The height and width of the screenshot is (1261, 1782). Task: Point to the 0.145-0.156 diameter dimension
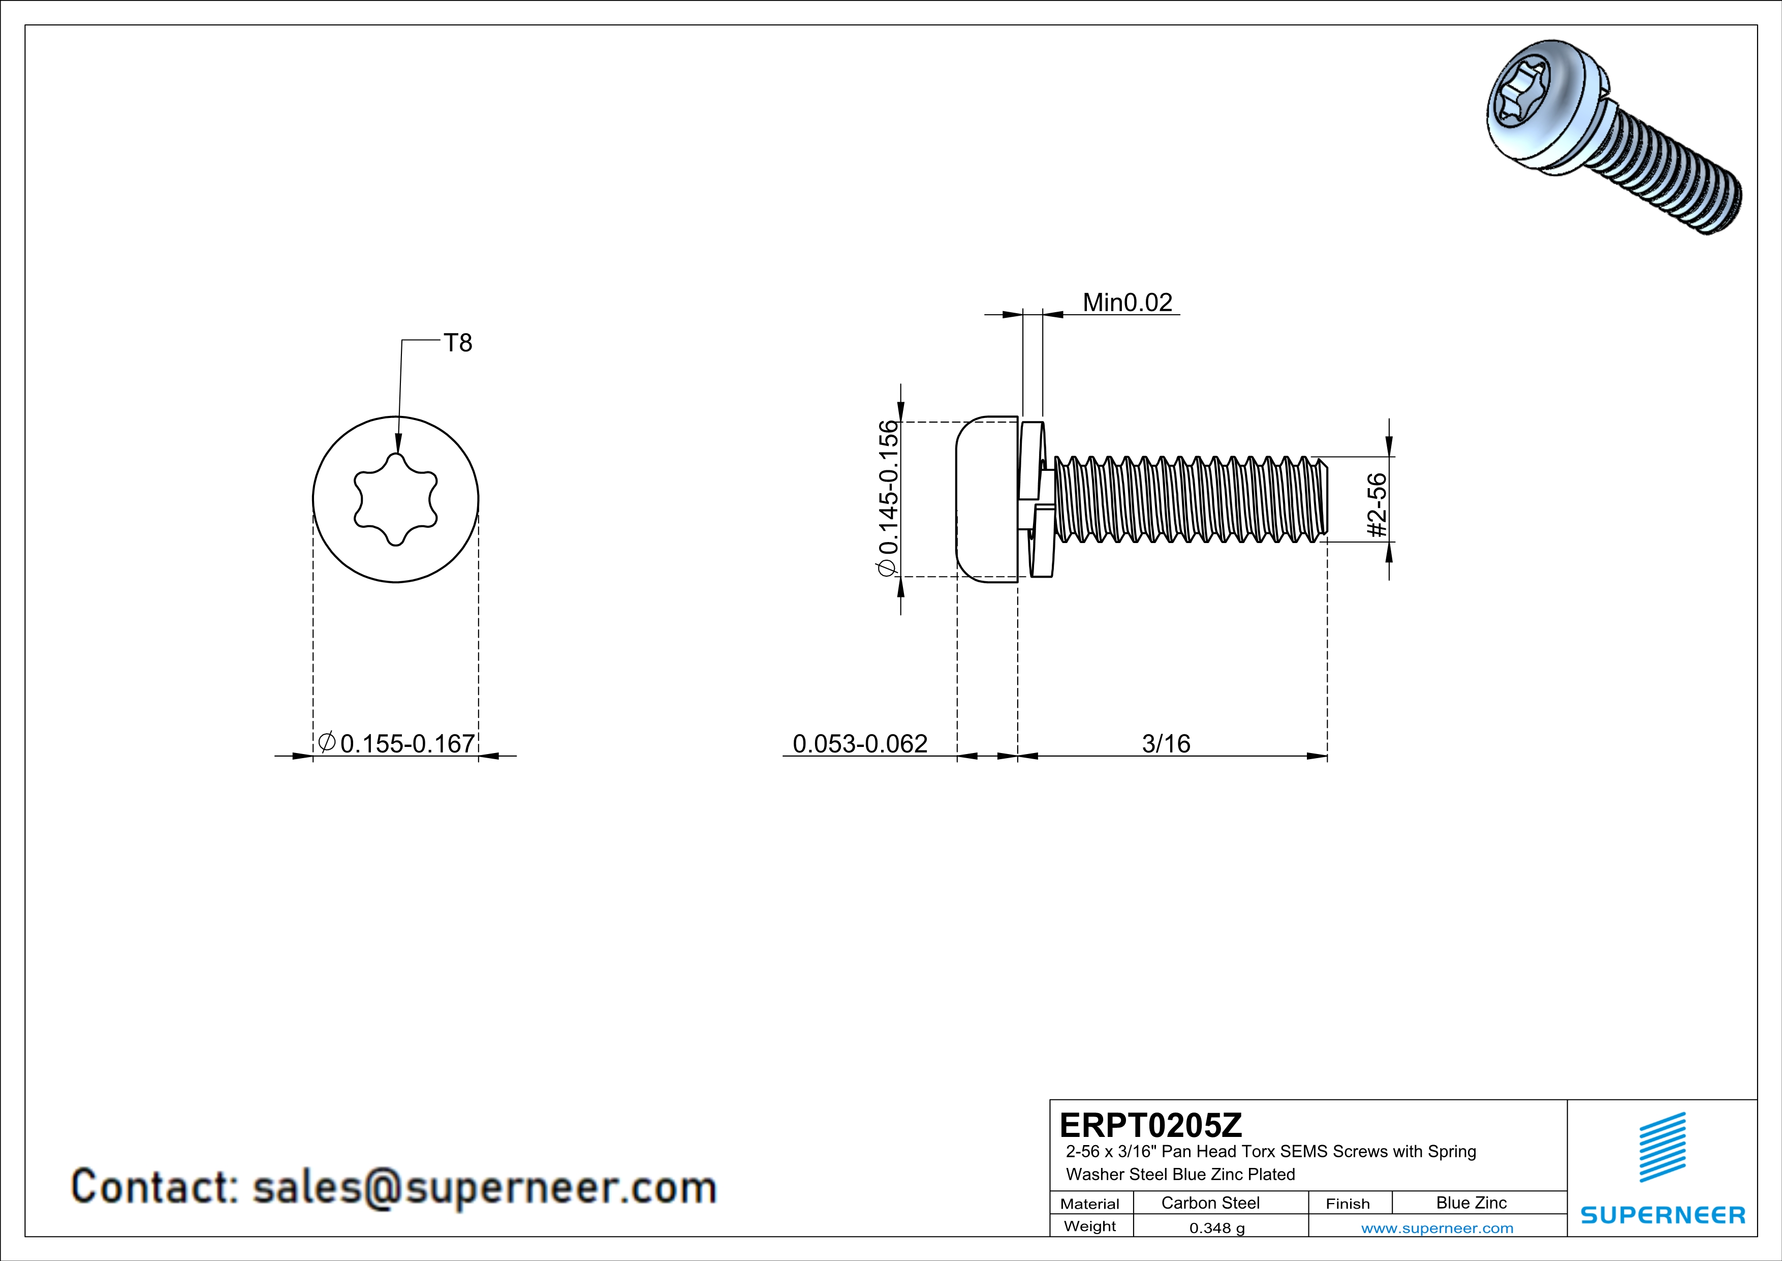887,498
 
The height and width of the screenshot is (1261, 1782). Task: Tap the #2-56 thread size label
1376,505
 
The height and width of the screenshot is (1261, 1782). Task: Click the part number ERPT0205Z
1150,1124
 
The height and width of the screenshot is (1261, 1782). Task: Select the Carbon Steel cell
1210,1203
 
